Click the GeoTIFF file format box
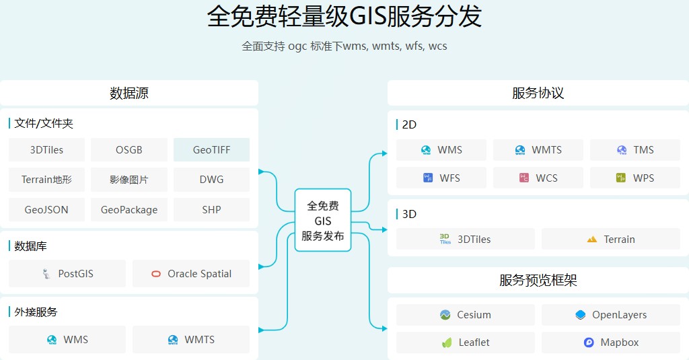[211, 150]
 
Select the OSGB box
[129, 150]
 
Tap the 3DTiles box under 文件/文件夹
[46, 150]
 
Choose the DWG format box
[211, 180]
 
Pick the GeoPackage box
[129, 210]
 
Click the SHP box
[211, 210]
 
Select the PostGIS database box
[67, 274]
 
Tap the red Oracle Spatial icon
[156, 274]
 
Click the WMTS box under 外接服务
[191, 340]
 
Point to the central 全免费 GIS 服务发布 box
[323, 220]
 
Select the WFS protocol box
[441, 178]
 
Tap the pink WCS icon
[524, 178]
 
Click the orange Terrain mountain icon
[592, 240]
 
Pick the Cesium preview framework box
[466, 315]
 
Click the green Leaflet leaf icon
[445, 343]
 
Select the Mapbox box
[611, 343]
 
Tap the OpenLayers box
[611, 315]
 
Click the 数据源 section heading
[129, 94]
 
